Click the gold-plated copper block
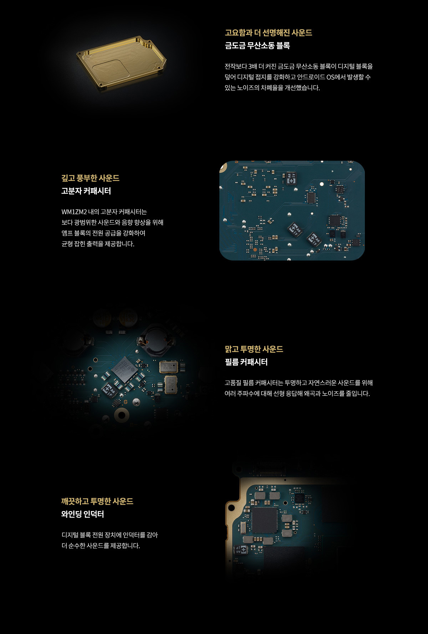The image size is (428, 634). point(121,62)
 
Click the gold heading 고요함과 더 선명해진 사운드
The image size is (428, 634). point(268,33)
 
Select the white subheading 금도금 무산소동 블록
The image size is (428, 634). point(257,46)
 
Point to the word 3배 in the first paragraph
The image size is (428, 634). point(253,66)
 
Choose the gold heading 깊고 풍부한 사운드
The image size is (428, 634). point(90,178)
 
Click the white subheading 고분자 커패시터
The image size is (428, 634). point(86,191)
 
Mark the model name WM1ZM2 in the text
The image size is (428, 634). point(74,212)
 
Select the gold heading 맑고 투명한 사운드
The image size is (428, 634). point(254,349)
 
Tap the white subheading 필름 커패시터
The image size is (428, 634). point(246,362)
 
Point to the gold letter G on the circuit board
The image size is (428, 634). point(126,402)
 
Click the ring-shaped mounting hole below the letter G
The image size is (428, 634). point(122,415)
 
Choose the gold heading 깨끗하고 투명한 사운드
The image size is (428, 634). point(97,501)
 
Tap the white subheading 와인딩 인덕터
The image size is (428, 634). point(82,514)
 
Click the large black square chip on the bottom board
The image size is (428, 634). point(264,520)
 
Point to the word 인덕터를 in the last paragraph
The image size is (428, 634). point(134,535)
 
